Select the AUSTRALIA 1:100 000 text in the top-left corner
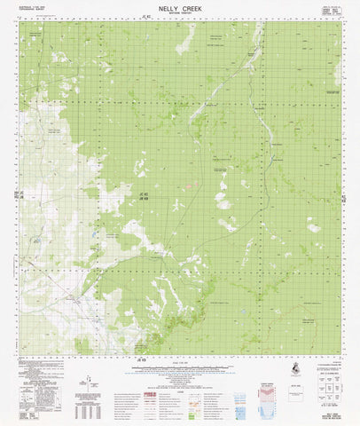33,6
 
